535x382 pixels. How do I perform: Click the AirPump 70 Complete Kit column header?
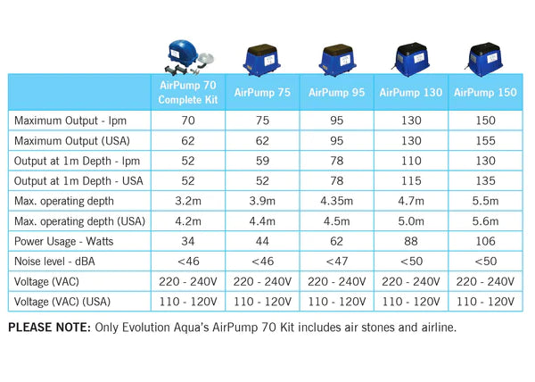(x=187, y=92)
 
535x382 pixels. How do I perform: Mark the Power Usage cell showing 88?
(x=412, y=241)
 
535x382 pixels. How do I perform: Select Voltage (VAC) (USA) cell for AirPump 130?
(x=412, y=303)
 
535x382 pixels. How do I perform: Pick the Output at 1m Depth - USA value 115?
(x=412, y=179)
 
